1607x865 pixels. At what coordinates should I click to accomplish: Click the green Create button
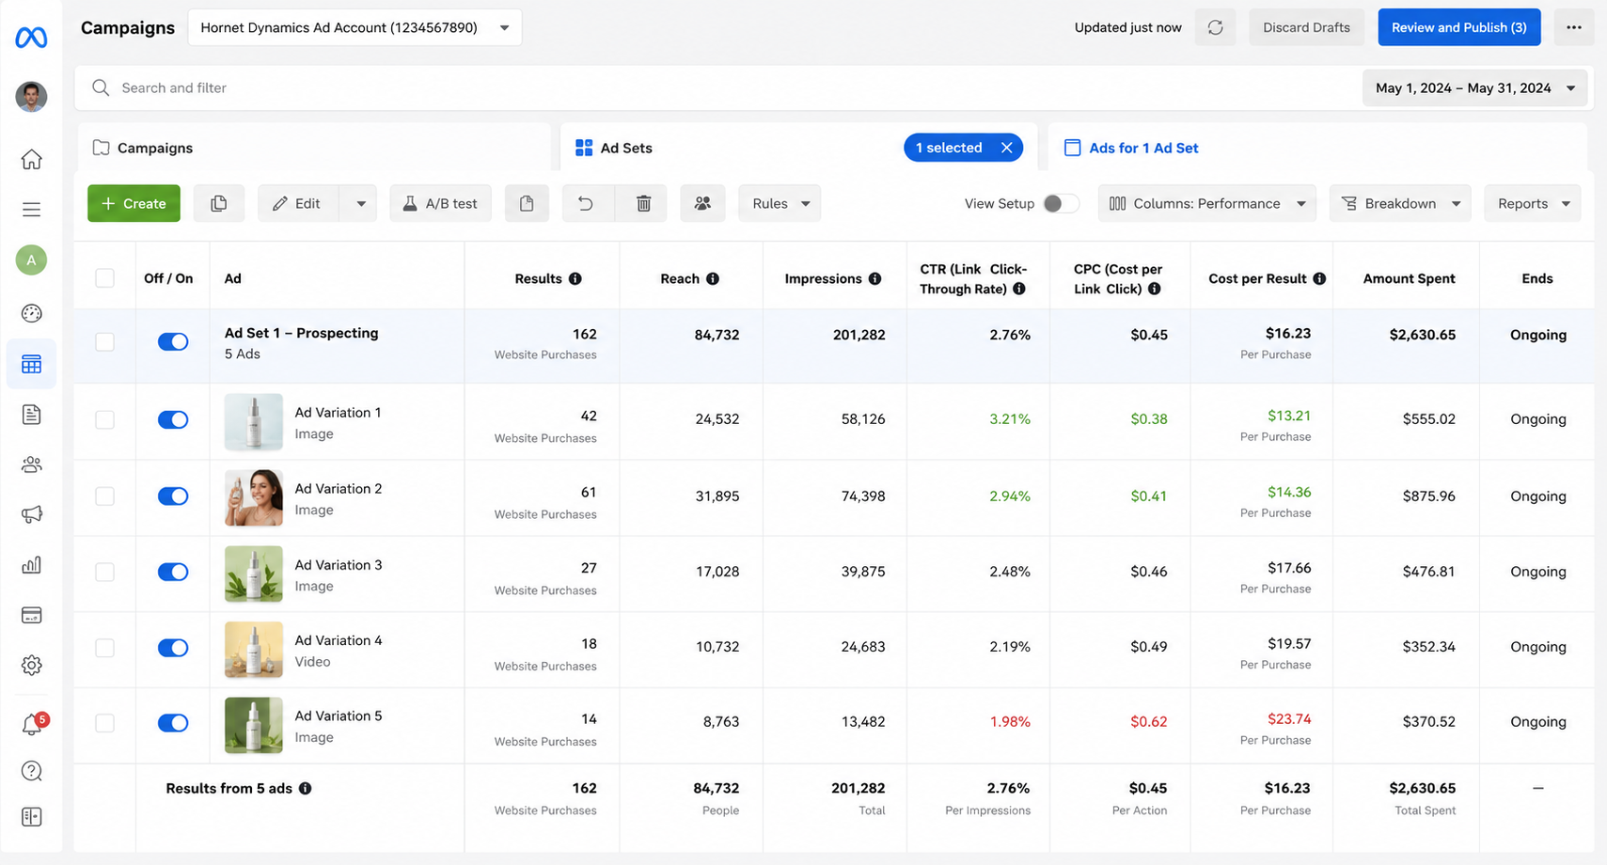point(134,204)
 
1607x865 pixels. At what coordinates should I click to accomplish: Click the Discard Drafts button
point(1306,27)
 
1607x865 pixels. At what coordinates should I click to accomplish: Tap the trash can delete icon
point(643,204)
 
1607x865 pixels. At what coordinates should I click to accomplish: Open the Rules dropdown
point(780,204)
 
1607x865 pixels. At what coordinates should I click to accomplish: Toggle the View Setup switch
point(1061,204)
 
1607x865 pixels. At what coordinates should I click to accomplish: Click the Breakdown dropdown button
point(1400,204)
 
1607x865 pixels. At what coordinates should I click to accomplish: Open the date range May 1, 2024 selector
point(1474,87)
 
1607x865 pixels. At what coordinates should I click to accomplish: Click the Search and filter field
point(717,87)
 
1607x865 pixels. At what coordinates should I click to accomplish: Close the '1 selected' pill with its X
point(1006,148)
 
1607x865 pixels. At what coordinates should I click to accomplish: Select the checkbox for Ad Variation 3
point(104,572)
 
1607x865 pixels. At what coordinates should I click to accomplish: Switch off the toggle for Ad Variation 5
point(173,723)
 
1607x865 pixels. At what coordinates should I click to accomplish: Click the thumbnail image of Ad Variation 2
point(253,497)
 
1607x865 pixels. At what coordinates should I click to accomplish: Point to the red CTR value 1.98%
point(1009,721)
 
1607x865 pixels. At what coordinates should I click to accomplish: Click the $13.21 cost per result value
point(1288,416)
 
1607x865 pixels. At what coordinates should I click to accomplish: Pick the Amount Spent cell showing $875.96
point(1428,495)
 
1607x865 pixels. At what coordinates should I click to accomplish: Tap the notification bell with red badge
point(33,724)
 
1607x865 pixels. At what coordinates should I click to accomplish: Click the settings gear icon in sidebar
point(32,666)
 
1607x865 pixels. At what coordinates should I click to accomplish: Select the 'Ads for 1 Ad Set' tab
point(1130,148)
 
